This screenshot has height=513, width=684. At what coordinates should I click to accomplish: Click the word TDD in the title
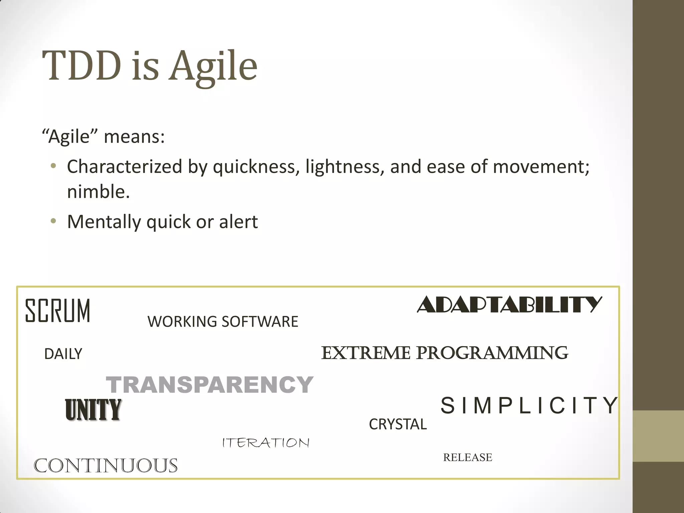81,66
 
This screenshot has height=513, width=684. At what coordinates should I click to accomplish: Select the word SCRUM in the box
58,311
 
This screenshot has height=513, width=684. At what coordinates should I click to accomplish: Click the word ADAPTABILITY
509,305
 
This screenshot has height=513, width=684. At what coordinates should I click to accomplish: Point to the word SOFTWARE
260,322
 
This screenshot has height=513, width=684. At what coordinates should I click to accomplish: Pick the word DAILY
63,354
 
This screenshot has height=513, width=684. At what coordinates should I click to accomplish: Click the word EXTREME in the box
365,353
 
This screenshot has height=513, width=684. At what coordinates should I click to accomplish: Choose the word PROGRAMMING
492,353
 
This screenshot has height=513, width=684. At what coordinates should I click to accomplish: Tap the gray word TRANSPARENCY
209,384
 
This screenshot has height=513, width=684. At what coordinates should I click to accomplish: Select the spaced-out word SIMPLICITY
529,405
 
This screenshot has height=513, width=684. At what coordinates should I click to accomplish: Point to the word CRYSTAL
398,424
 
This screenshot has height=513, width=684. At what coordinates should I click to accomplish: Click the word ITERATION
266,443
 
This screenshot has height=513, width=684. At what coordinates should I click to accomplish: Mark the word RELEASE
468,457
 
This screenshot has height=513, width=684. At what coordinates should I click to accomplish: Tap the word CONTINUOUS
106,466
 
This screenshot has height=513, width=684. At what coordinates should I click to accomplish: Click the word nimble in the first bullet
98,192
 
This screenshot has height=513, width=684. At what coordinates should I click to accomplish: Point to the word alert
238,222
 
